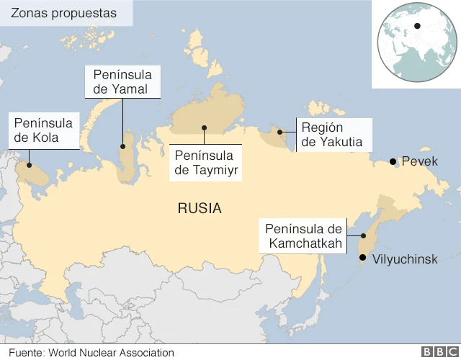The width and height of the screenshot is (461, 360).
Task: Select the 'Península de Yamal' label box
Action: click(122, 82)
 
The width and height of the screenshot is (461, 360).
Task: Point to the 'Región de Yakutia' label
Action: click(332, 135)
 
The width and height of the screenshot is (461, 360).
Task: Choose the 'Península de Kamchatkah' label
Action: click(302, 236)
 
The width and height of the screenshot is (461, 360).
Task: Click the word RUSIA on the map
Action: click(200, 209)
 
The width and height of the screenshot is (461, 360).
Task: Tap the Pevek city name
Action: click(419, 161)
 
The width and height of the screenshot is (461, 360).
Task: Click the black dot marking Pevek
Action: click(393, 162)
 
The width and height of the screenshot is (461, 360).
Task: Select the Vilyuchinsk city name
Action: click(404, 258)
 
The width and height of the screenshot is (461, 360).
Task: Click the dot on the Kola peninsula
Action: click(29, 165)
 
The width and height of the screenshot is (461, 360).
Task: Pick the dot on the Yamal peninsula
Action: click(122, 146)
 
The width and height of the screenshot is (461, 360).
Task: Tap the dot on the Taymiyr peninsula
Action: click(205, 128)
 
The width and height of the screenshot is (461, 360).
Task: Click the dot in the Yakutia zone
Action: click(280, 132)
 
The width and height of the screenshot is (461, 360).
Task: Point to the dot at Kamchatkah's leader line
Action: click(364, 235)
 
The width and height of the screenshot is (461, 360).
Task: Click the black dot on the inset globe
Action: click(417, 27)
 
